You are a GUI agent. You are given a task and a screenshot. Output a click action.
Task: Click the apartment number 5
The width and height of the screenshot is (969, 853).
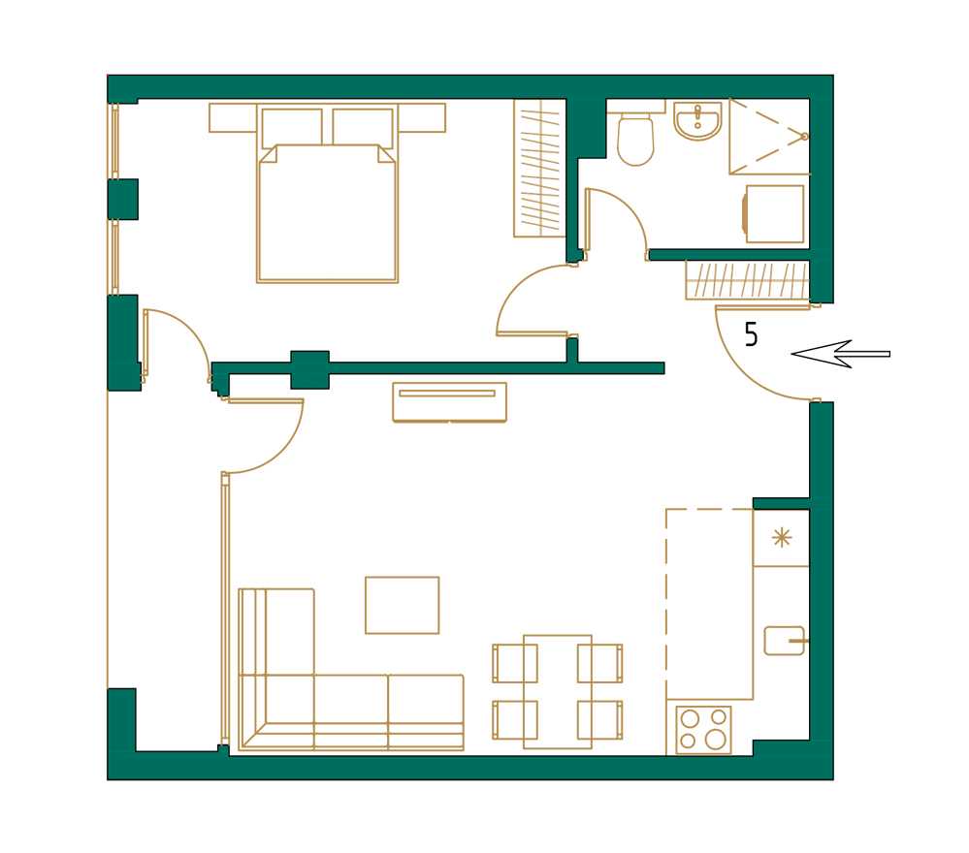tap(751, 335)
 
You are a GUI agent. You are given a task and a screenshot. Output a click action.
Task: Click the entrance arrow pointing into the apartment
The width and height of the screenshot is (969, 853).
tap(839, 354)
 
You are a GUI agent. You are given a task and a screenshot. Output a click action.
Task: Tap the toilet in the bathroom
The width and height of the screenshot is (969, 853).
tap(635, 140)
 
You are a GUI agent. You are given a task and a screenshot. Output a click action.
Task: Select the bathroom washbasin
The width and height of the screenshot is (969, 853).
tap(697, 121)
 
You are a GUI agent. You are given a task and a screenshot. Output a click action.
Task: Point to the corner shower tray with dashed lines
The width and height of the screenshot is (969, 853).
tap(768, 136)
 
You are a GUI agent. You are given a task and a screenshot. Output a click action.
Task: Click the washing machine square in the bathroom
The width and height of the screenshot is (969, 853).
tap(774, 213)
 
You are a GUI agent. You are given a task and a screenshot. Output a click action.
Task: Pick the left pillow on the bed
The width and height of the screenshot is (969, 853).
tap(291, 127)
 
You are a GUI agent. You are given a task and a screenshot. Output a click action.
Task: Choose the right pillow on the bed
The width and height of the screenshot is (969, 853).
tap(363, 127)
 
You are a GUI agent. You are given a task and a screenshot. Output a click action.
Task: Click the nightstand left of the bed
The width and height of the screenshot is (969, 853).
tap(233, 117)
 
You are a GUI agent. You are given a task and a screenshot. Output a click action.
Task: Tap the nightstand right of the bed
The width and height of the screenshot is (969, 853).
tap(421, 117)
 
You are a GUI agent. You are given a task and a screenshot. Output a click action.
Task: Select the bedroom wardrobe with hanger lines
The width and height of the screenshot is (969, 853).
tap(539, 168)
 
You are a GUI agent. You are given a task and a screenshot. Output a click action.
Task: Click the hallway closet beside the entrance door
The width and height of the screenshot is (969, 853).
tap(747, 279)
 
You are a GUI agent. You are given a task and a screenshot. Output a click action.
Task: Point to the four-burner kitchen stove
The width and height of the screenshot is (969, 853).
tap(703, 729)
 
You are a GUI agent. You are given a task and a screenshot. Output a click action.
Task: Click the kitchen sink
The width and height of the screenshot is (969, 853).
tap(785, 641)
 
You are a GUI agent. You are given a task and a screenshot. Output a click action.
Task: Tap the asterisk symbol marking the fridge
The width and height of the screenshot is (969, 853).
tap(781, 537)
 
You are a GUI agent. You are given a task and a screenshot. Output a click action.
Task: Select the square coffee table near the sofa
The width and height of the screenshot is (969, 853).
tap(402, 605)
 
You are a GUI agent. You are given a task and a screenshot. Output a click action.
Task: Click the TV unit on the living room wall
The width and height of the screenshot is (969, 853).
tap(449, 401)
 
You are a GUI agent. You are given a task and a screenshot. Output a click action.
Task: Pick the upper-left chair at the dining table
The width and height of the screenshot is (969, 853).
tap(514, 663)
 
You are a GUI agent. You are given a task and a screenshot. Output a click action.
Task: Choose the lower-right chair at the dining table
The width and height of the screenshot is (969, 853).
tap(600, 719)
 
